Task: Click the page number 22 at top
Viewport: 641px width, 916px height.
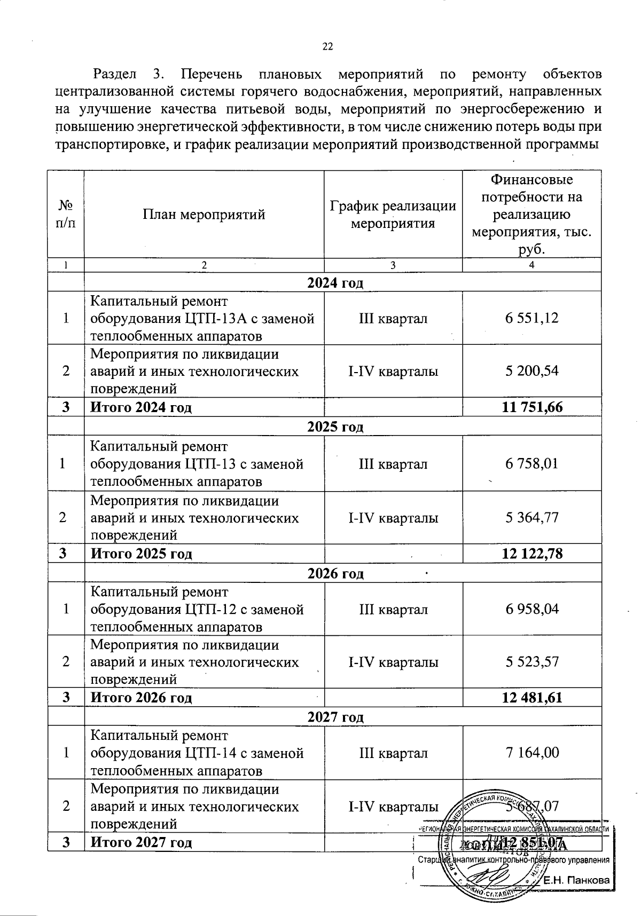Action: tap(327, 47)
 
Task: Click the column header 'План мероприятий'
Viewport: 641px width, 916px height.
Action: tap(204, 215)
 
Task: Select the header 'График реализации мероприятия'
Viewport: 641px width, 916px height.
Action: tap(393, 214)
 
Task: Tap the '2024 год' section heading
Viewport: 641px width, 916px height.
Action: tap(335, 282)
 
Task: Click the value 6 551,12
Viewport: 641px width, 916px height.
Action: tap(531, 318)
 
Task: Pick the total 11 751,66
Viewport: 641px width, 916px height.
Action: tap(532, 407)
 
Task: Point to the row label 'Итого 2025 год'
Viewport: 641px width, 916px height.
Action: tap(141, 554)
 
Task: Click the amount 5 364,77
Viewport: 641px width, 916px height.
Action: tap(531, 517)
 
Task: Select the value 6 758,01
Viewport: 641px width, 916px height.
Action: tap(531, 463)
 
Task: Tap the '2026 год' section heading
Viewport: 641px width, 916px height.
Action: tap(335, 574)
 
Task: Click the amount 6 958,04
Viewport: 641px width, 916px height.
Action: tap(531, 609)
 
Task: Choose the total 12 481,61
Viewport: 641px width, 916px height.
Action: tap(532, 697)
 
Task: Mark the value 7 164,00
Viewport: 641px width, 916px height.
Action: tap(531, 753)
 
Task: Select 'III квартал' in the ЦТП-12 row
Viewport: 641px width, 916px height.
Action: tap(393, 609)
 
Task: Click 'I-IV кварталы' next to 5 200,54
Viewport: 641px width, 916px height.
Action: tap(393, 371)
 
